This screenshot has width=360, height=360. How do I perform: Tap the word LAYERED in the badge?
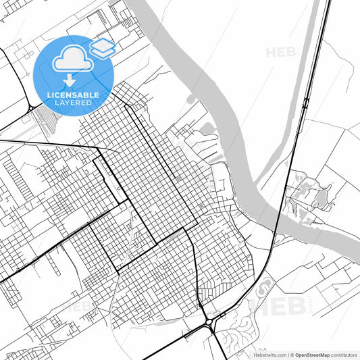tap(74, 103)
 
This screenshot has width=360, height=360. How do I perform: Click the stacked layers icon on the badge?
tap(103, 48)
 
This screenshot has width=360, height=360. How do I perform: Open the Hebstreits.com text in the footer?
tap(269, 355)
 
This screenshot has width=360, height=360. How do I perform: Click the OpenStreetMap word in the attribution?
tap(311, 355)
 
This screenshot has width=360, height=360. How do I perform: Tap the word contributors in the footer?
tap(343, 355)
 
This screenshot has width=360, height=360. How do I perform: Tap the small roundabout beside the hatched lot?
tap(31, 108)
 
